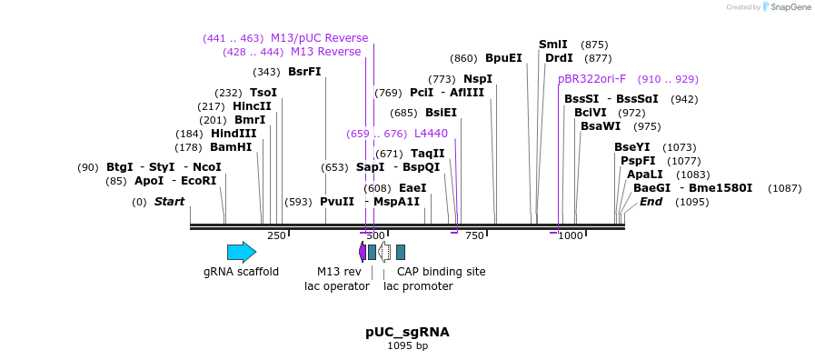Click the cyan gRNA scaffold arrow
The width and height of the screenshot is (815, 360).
(242, 252)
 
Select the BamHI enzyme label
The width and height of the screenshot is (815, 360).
(231, 147)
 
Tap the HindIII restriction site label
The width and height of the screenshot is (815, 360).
(234, 134)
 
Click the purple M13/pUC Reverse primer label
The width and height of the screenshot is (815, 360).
(320, 38)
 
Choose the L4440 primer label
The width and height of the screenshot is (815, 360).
(431, 134)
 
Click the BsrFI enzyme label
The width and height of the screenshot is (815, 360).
(304, 72)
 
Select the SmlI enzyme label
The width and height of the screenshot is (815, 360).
(552, 45)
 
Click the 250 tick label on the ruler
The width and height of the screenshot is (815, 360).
(276, 236)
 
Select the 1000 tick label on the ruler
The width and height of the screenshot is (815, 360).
(570, 236)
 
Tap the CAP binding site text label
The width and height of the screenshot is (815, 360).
(442, 272)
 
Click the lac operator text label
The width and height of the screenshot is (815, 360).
(336, 286)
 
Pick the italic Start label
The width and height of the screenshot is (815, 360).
(169, 202)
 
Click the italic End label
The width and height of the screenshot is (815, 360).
(651, 202)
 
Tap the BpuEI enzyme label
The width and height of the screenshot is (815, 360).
(503, 58)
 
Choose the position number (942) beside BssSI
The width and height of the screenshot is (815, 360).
(684, 99)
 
